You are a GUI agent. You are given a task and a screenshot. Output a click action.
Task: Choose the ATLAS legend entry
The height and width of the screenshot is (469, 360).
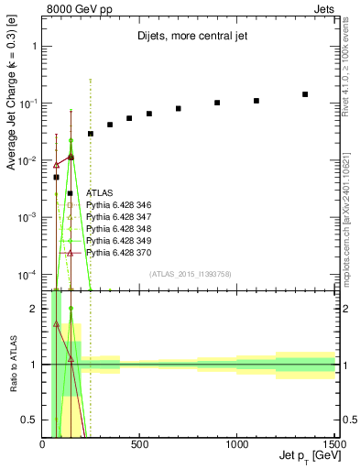click(98, 193)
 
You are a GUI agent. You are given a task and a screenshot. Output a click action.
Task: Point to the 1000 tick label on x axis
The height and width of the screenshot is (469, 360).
click(236, 444)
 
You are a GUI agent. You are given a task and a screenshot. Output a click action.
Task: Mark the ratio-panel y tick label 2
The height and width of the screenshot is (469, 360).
click(33, 309)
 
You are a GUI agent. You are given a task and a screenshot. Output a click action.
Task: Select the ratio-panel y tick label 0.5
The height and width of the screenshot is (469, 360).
click(30, 420)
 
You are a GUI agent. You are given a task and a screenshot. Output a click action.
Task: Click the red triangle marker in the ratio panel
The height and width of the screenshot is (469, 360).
click(56, 324)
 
